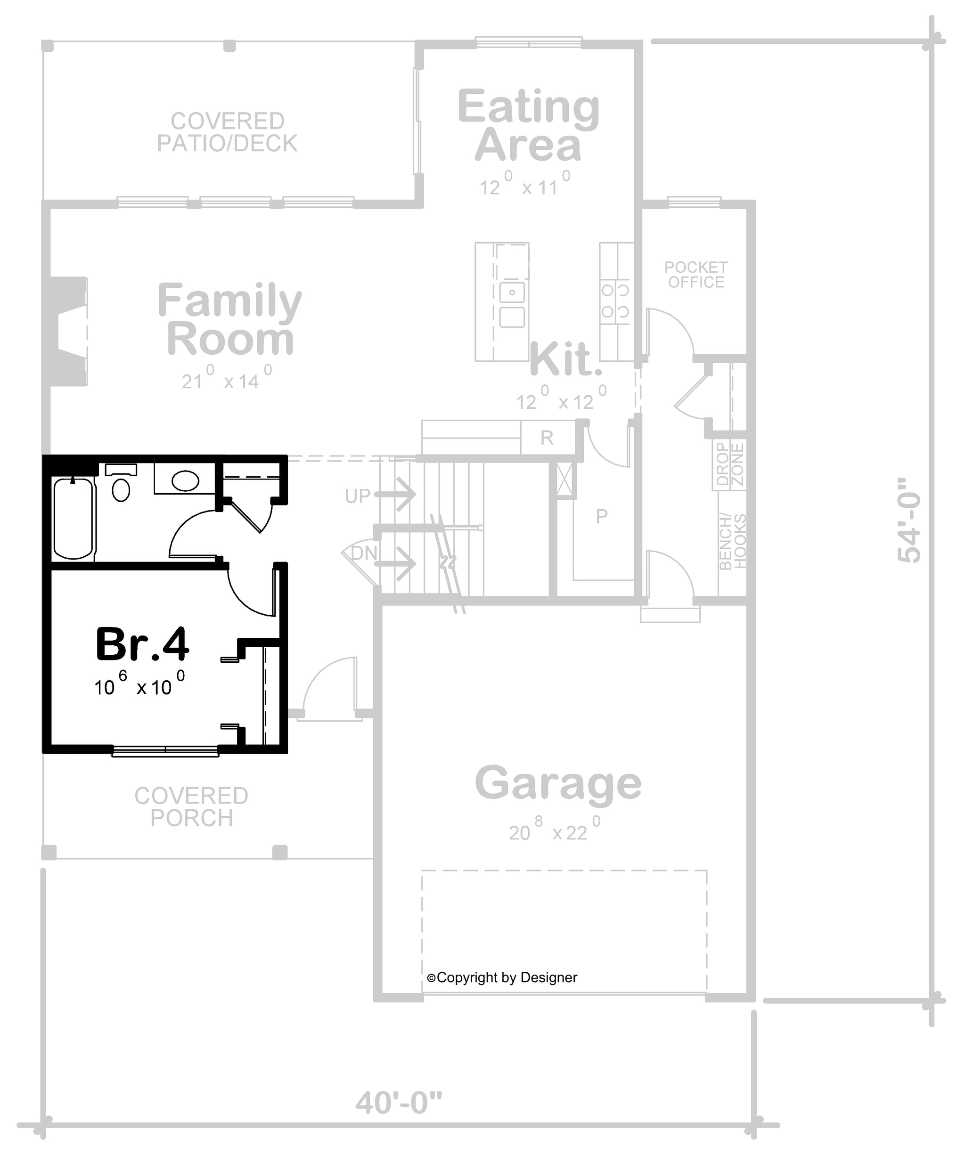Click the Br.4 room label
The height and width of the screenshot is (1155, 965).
[142, 644]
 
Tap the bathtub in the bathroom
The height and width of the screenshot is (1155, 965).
[73, 519]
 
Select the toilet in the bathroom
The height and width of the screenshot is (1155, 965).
[121, 482]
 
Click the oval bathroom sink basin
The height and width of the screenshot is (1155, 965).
[185, 480]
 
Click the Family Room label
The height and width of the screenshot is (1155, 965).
[230, 319]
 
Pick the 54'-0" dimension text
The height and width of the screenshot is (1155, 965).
[909, 528]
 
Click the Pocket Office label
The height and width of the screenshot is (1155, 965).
[696, 275]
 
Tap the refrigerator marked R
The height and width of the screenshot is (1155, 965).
[547, 437]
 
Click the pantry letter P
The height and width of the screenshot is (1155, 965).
[602, 516]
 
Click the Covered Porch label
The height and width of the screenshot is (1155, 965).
[191, 807]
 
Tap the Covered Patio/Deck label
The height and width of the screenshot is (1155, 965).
[227, 132]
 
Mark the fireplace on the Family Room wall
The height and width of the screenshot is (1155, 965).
[68, 331]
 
